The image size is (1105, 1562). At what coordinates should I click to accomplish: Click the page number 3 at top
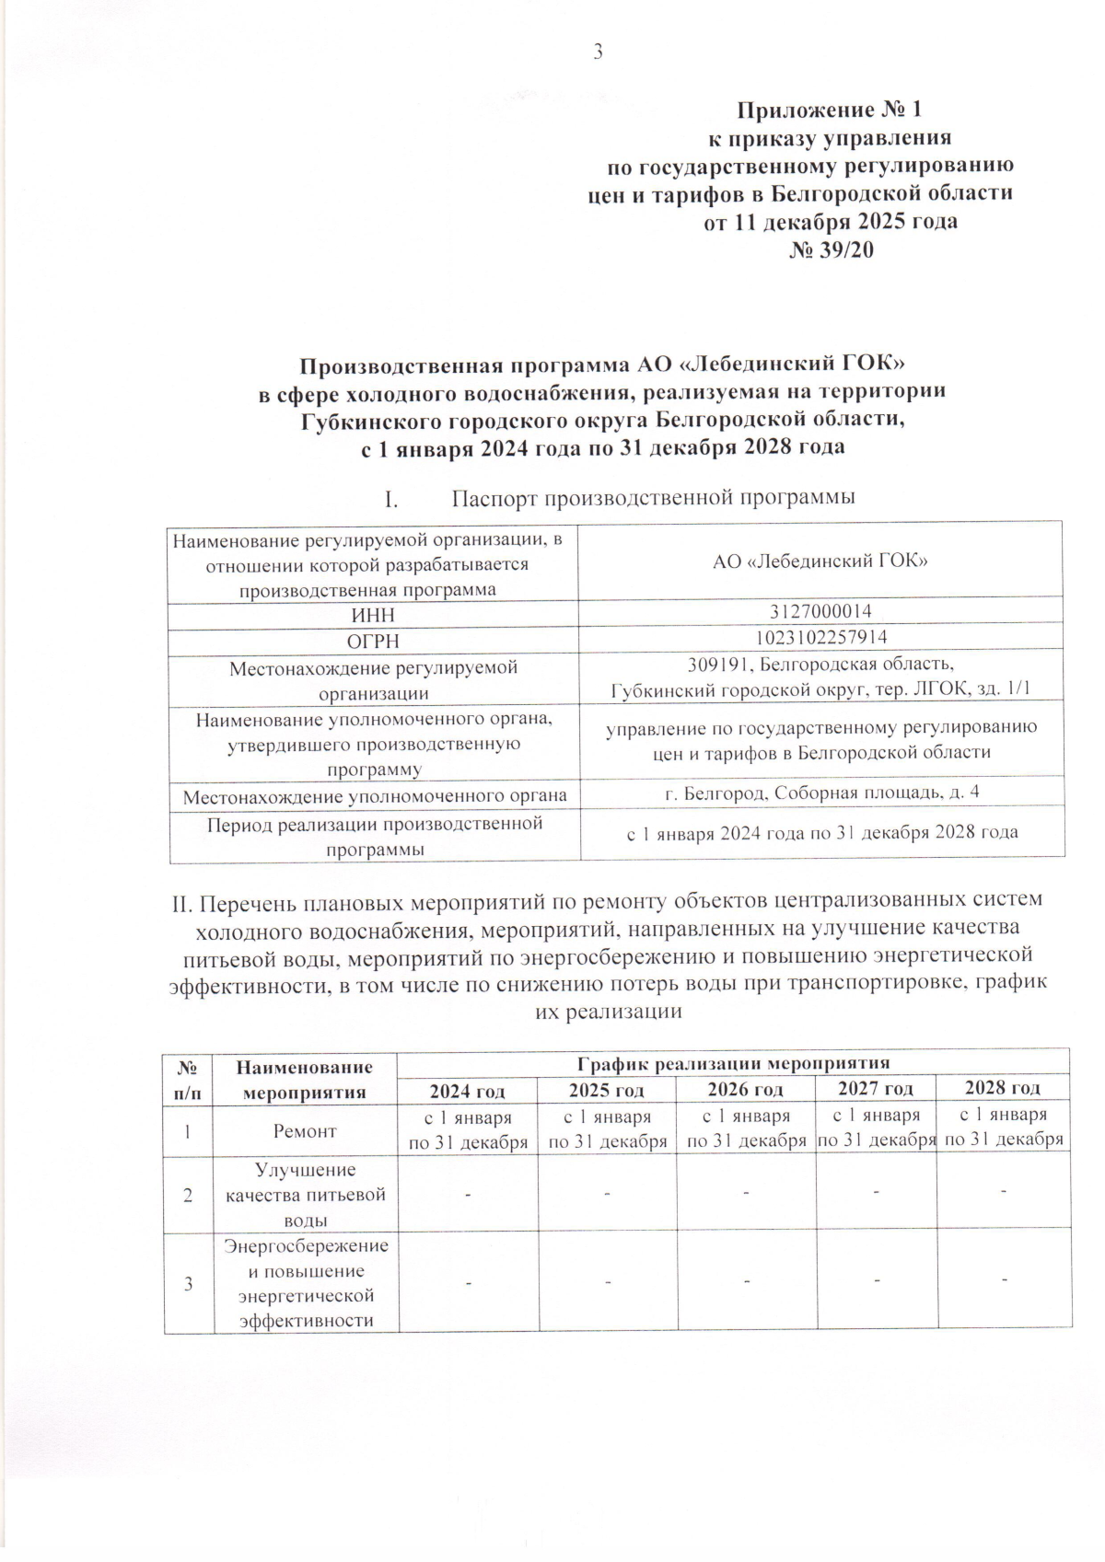[597, 52]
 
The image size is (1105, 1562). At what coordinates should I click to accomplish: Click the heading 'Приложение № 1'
[829, 110]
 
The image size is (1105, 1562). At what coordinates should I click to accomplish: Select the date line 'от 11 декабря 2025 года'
[831, 222]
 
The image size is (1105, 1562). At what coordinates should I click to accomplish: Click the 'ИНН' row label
[373, 615]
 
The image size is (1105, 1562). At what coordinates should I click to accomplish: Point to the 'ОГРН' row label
[373, 641]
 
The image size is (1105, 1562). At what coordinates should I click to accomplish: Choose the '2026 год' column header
[745, 1090]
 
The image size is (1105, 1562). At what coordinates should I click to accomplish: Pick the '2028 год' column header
[1002, 1088]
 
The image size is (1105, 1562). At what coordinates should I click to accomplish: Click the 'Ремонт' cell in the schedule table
[305, 1131]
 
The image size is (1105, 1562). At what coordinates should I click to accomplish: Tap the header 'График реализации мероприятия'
[732, 1062]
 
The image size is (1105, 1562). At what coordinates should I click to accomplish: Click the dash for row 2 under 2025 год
[608, 1194]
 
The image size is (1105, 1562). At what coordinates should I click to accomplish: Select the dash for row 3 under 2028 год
[1004, 1279]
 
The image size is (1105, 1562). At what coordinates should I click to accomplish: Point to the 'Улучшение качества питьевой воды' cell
[305, 1195]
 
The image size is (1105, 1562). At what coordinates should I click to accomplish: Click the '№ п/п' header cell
[188, 1080]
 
